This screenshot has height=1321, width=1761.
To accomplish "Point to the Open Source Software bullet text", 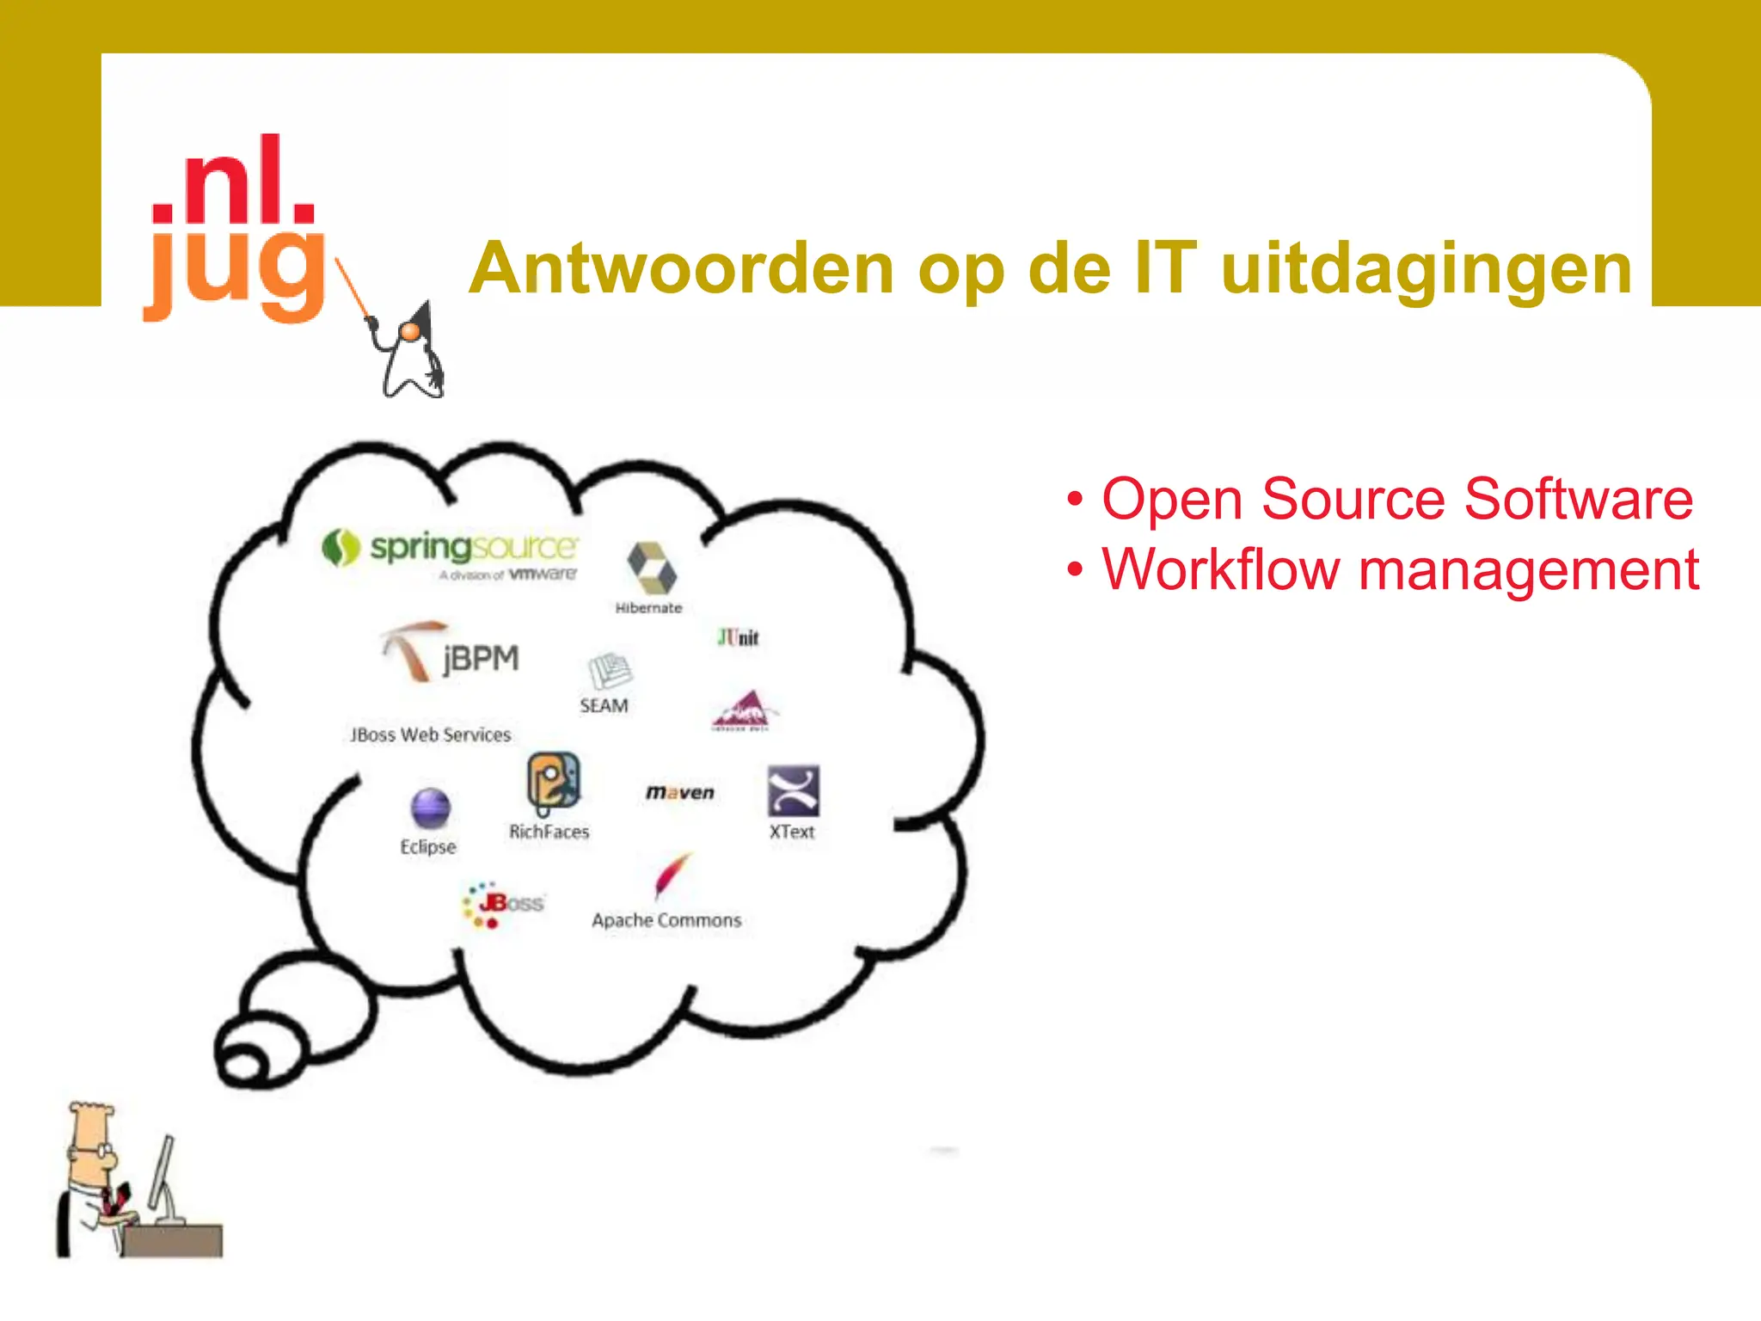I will (x=1396, y=499).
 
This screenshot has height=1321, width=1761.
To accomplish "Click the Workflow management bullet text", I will (x=1400, y=569).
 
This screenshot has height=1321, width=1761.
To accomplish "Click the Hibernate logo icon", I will (x=651, y=567).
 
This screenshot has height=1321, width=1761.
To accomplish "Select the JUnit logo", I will (x=738, y=637).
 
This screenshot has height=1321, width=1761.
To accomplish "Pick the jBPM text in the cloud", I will (x=481, y=659).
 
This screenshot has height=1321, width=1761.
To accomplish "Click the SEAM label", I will (x=604, y=706).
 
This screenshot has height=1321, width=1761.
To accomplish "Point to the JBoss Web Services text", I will (x=430, y=735).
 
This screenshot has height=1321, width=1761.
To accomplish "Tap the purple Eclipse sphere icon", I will (x=430, y=808).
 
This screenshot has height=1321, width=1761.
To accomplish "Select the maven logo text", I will (x=679, y=792).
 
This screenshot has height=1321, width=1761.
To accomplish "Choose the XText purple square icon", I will (x=793, y=790).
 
